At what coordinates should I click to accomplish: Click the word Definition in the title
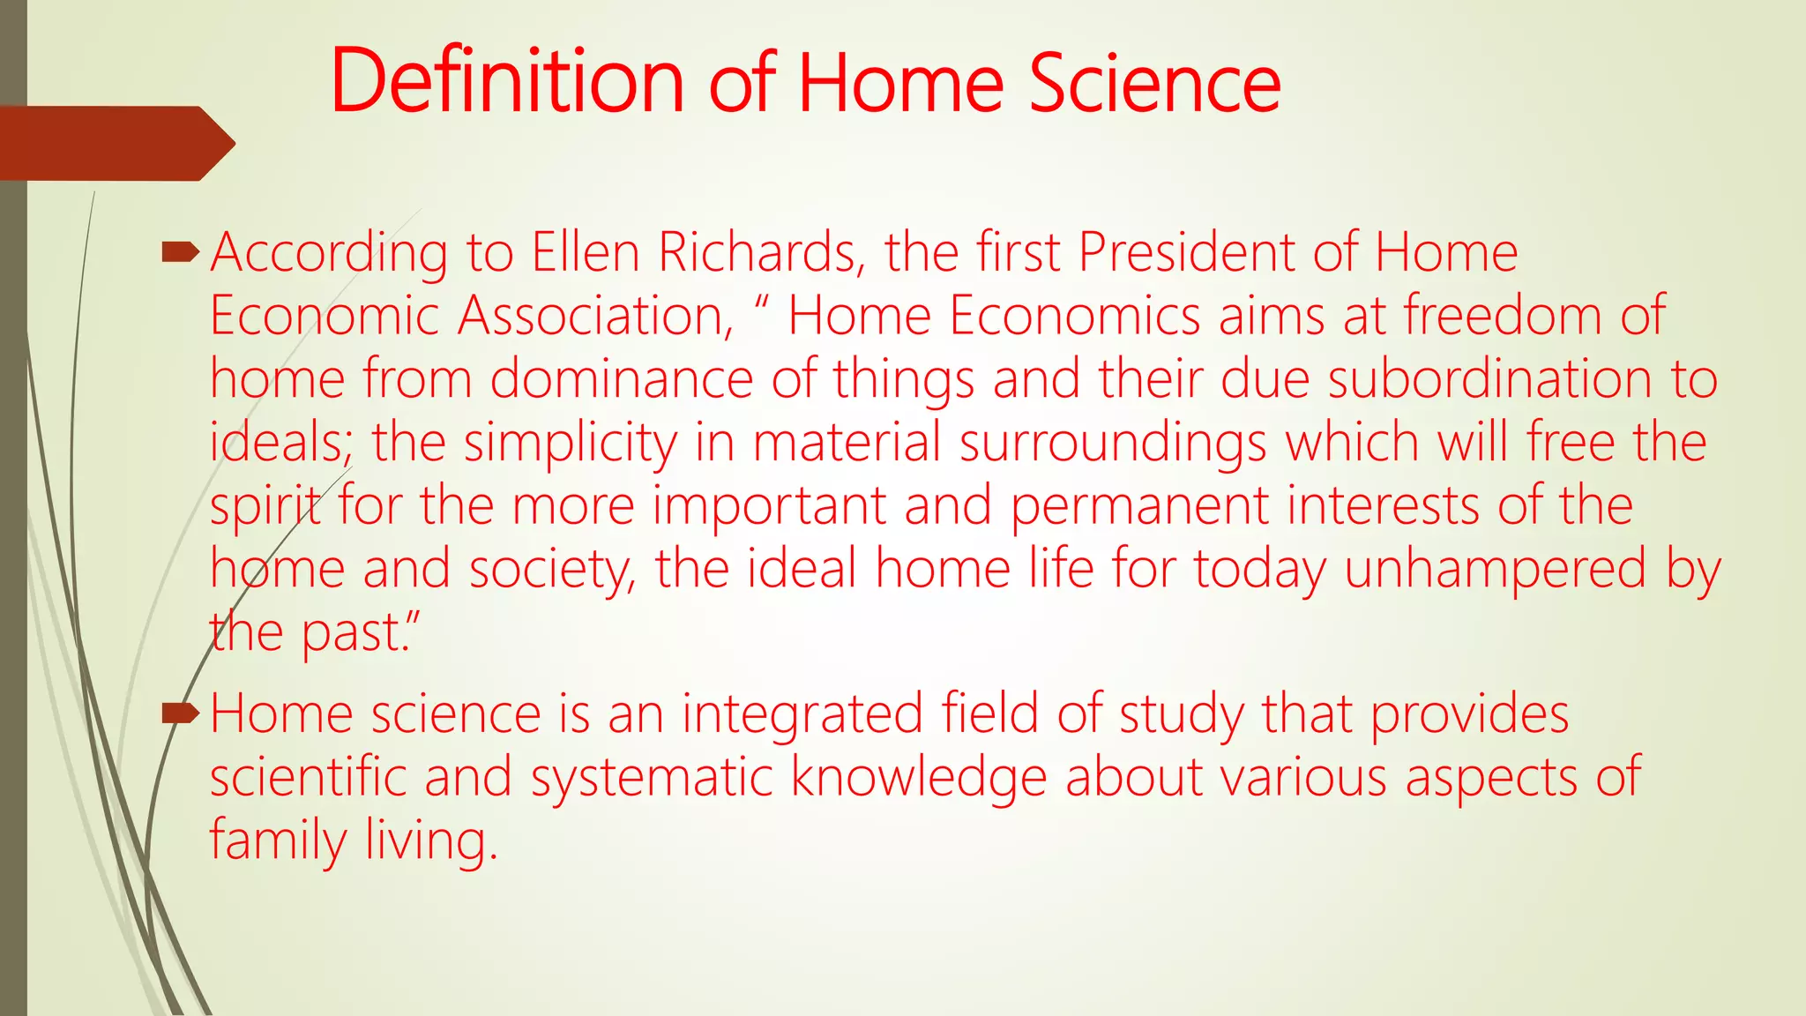pos(507,81)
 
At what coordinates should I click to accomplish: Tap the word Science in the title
pos(1154,83)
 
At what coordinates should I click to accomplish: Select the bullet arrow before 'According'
pos(181,254)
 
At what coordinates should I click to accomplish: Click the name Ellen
pos(586,252)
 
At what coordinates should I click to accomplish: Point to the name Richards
pos(757,252)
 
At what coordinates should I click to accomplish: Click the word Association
pos(595,316)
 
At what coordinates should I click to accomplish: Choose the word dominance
pos(621,379)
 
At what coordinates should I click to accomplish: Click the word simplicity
pos(570,444)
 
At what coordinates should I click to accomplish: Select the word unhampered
pos(1495,570)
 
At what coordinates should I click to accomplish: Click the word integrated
pos(802,714)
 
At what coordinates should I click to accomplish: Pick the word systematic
pos(652,778)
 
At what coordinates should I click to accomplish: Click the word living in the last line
pos(431,841)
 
